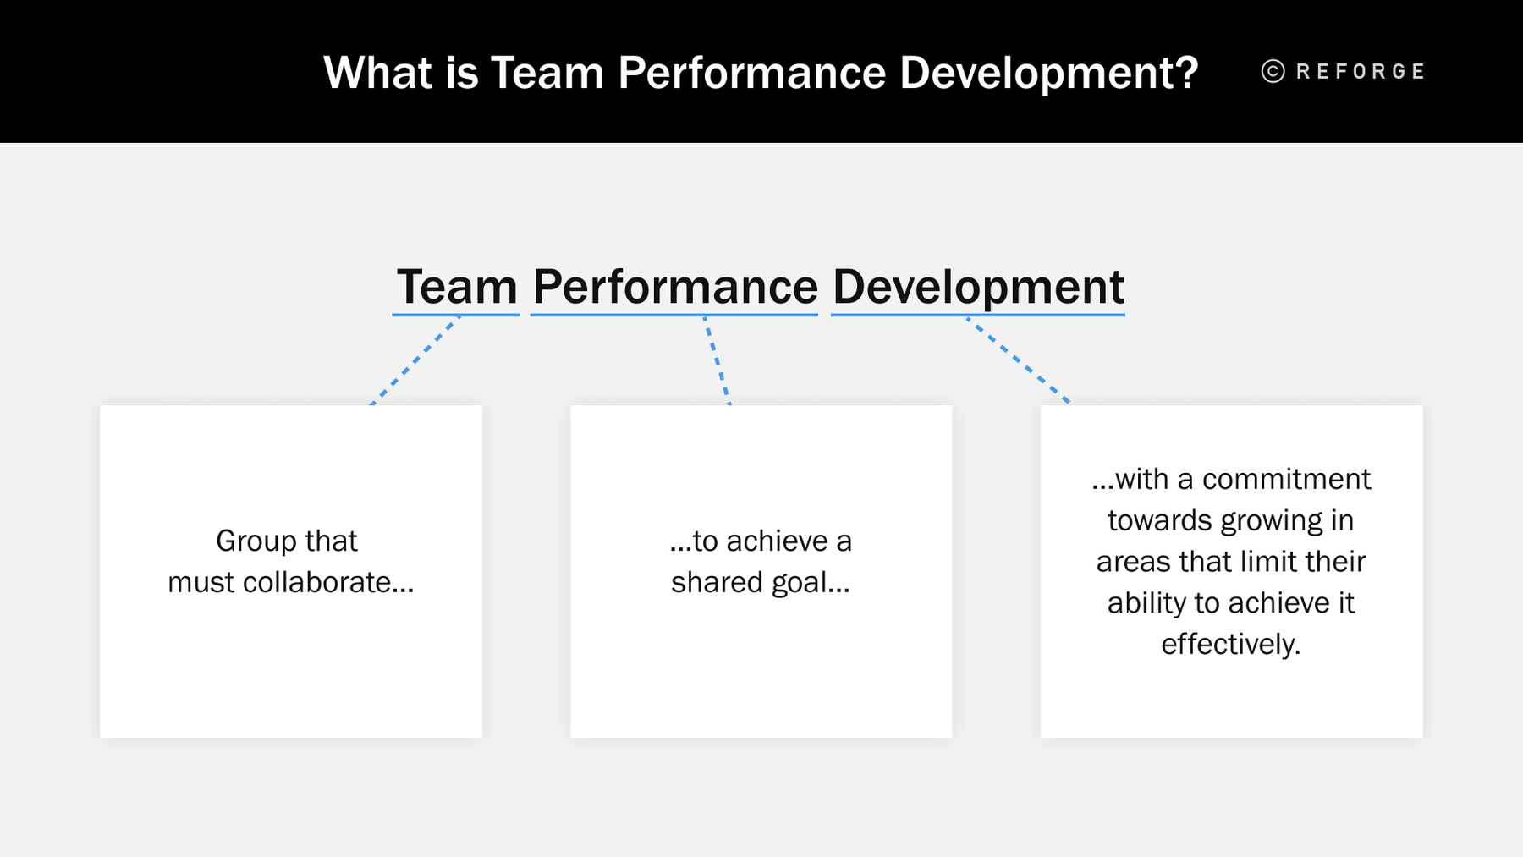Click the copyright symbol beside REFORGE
(x=1273, y=71)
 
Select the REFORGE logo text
(x=1361, y=71)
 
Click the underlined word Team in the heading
(x=457, y=287)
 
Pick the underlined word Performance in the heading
(x=675, y=287)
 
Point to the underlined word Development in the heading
(x=978, y=287)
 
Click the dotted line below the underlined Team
(x=415, y=361)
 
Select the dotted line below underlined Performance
(x=718, y=361)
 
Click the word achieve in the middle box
(x=777, y=541)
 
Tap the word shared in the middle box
(x=717, y=582)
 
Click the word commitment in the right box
(x=1286, y=479)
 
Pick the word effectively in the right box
(x=1230, y=644)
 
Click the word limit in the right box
(x=1261, y=561)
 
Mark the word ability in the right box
(x=1146, y=602)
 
